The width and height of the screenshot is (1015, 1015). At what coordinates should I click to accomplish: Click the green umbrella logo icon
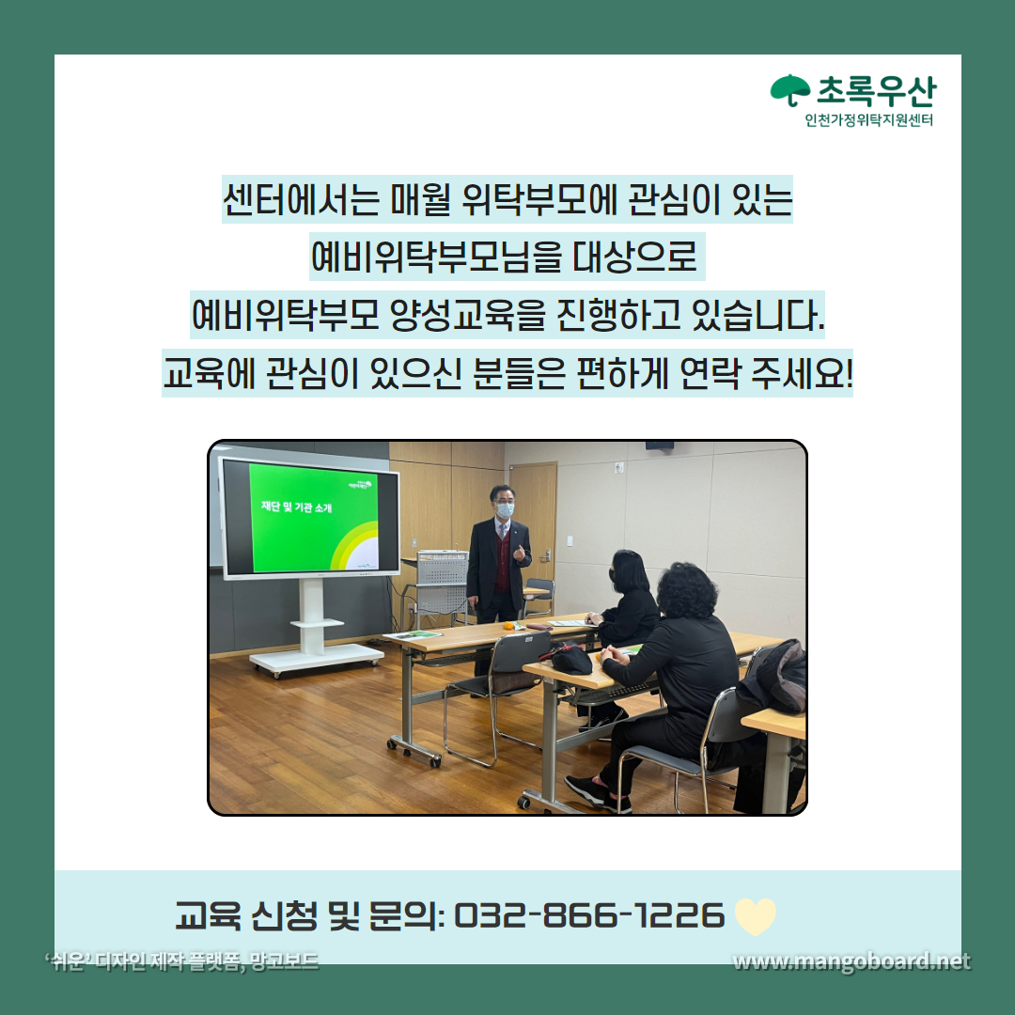789,89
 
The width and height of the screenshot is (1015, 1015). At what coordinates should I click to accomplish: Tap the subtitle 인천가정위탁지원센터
868,119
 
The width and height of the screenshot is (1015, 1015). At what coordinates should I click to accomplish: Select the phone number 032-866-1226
589,915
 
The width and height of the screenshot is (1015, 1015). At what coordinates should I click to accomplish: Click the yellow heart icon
756,916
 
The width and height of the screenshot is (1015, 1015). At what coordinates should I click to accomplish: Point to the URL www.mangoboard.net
851,962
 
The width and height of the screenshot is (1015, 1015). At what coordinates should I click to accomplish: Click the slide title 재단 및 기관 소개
296,507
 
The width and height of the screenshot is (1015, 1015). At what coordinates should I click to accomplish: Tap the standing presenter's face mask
505,509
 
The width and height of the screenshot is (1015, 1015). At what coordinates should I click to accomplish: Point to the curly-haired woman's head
686,590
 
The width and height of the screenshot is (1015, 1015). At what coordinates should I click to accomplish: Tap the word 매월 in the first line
420,199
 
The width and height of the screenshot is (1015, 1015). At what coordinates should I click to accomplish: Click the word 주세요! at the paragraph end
802,373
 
